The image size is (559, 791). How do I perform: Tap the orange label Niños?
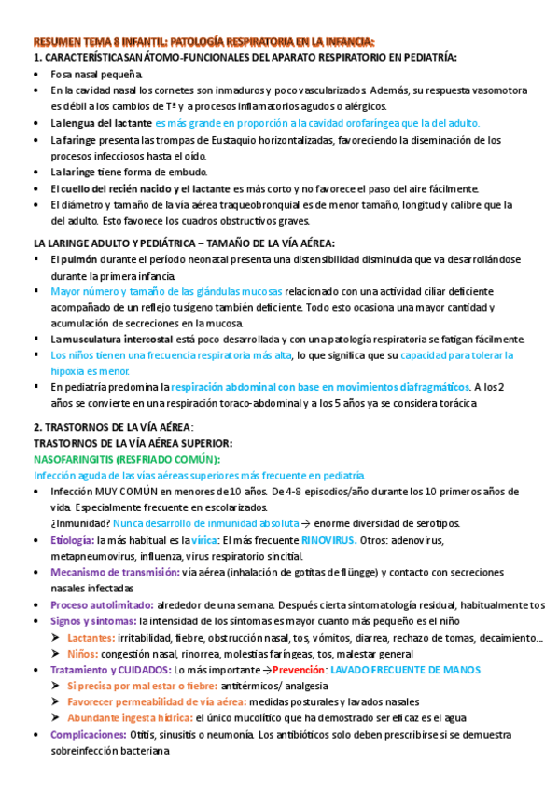[x=83, y=653]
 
